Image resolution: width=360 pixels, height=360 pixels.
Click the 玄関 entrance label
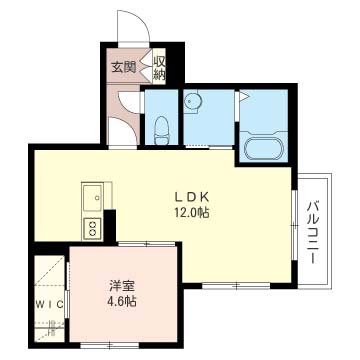click(x=123, y=68)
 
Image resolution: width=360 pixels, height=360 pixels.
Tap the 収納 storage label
click(x=159, y=67)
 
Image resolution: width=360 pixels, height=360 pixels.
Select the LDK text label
click(x=192, y=197)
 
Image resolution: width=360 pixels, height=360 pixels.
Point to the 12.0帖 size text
click(x=192, y=212)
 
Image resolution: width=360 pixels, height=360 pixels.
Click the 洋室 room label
click(x=122, y=286)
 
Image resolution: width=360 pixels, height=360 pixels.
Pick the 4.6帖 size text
click(x=122, y=301)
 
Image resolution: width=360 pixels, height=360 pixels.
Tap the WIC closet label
click(x=50, y=304)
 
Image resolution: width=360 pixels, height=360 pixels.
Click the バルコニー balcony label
click(x=314, y=232)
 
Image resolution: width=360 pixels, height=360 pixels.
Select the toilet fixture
click(x=162, y=130)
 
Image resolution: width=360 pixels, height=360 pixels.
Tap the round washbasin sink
click(x=191, y=100)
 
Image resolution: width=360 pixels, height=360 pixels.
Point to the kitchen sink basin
click(x=92, y=197)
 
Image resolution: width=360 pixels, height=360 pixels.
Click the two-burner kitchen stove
click(x=92, y=228)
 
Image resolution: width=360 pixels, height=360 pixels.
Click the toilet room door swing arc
click(x=124, y=101)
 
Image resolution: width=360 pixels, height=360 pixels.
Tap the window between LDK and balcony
click(x=294, y=225)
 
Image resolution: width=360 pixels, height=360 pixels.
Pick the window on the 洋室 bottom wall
click(x=110, y=345)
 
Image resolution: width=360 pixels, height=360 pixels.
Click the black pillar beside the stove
click(x=110, y=226)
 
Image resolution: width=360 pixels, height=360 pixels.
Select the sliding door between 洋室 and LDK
click(x=146, y=244)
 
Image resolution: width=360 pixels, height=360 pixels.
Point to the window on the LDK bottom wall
click(x=236, y=286)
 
